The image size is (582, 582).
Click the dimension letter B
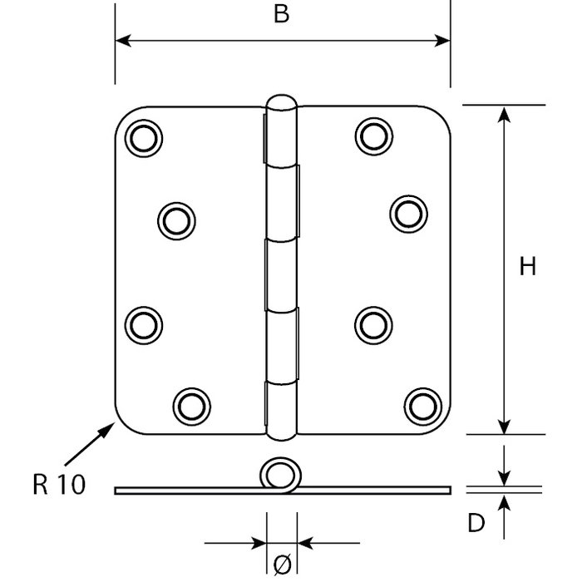[x=282, y=17]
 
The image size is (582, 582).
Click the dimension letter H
[x=527, y=267]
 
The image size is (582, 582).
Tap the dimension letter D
[x=475, y=523]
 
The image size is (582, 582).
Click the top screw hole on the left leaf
[x=142, y=137]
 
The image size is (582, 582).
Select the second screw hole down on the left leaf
[x=175, y=219]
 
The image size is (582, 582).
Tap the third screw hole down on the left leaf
[x=143, y=321]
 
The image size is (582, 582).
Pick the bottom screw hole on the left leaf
[x=190, y=404]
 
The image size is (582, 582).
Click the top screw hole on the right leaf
[x=372, y=136]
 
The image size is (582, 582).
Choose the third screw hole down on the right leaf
[x=371, y=323]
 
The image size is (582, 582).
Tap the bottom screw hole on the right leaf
[x=421, y=404]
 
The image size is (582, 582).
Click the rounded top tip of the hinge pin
[x=281, y=101]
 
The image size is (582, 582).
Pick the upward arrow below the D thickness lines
[x=504, y=502]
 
